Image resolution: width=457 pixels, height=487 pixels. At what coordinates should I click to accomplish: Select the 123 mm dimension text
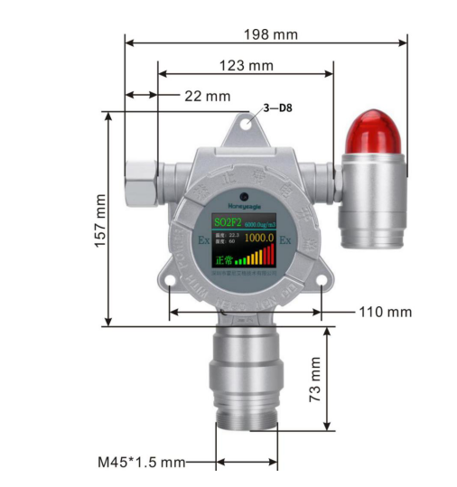[246, 66]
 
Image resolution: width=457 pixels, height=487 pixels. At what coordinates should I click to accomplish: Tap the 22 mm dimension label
[207, 96]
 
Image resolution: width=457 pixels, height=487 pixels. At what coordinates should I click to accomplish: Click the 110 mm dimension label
[386, 312]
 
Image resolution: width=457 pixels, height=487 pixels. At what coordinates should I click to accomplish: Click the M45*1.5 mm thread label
[140, 462]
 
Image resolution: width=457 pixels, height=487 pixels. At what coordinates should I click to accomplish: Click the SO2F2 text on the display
[228, 221]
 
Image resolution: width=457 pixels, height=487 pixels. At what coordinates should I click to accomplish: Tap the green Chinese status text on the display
[223, 259]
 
